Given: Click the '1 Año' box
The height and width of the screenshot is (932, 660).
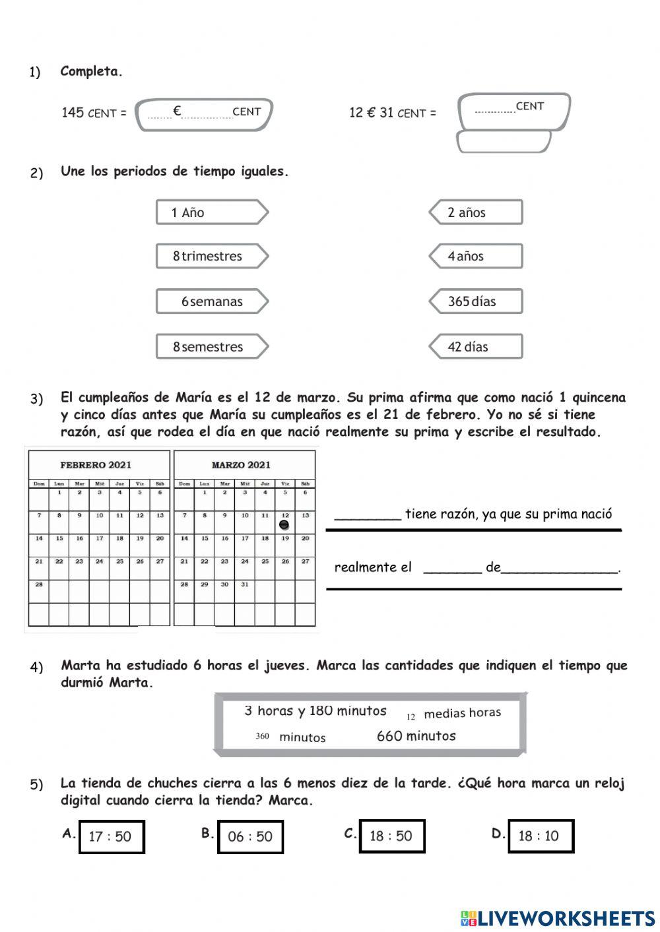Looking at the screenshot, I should [x=211, y=212].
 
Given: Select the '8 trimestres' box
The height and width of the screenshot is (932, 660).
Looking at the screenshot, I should [x=211, y=256].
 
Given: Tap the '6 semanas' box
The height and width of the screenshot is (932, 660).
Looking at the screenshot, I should [x=211, y=301].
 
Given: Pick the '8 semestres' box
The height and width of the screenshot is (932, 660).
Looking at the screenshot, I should [x=211, y=346].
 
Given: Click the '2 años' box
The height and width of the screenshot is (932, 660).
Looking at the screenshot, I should [x=476, y=212].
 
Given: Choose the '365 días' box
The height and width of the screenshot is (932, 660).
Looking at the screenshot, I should [x=476, y=301].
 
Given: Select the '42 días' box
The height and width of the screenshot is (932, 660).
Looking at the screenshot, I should [x=476, y=346].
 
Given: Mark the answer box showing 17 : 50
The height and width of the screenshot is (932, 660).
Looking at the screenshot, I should [x=112, y=836].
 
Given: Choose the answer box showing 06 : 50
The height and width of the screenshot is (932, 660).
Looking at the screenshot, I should [x=250, y=836].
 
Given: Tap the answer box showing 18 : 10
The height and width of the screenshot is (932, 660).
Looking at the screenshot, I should [x=541, y=836].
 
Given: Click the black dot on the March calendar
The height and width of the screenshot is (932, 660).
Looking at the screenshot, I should [x=284, y=525].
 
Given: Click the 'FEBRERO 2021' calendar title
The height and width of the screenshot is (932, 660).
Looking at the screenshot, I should [x=96, y=465].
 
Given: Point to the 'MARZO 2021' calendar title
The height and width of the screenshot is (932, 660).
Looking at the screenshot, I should [x=241, y=465].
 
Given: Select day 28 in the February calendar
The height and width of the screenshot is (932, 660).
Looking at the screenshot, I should [x=39, y=584].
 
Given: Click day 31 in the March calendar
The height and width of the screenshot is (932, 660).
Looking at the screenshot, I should [x=245, y=584].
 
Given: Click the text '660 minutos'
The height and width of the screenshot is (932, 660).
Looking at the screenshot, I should [x=416, y=736].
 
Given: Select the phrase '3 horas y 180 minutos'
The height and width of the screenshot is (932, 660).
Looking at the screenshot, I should [x=315, y=711].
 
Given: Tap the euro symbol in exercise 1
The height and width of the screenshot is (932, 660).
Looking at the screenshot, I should [x=177, y=111].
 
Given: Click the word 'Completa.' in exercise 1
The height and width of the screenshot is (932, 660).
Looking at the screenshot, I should [x=91, y=71].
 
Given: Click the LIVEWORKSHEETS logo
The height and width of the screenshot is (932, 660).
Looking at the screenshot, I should [x=558, y=917].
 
